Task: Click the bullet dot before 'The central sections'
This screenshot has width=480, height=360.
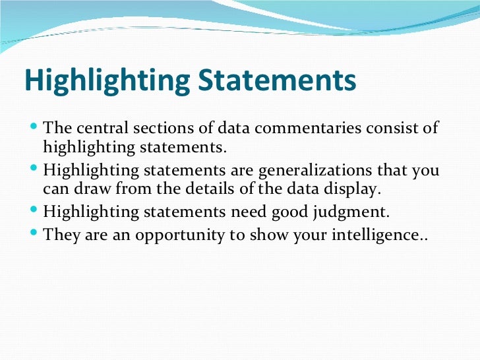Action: coord(35,126)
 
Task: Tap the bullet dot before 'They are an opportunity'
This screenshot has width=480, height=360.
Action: coord(35,233)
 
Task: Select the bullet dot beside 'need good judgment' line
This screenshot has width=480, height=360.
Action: coord(35,211)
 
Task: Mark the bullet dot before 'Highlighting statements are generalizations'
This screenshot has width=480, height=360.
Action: coord(35,169)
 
